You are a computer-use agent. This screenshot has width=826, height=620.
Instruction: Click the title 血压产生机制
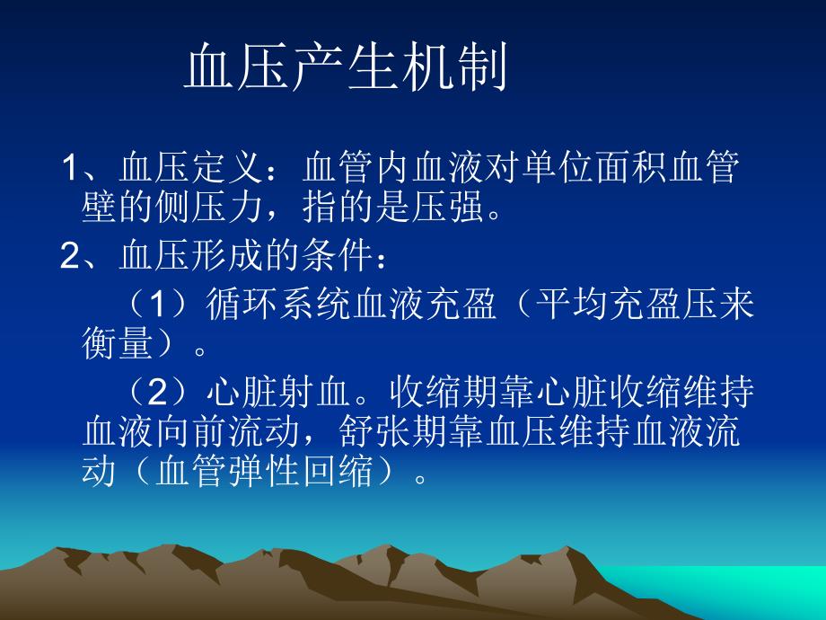[347, 71]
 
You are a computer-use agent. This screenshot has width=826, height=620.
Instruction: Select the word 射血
[317, 392]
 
